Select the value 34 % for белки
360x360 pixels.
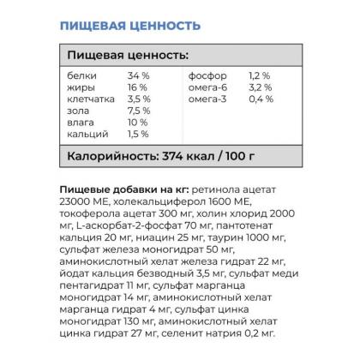[138, 75]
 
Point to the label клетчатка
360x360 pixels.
[89, 99]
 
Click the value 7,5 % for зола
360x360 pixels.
[138, 111]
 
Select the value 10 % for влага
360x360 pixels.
[137, 123]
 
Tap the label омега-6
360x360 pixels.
[207, 87]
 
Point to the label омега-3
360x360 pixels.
[207, 99]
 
